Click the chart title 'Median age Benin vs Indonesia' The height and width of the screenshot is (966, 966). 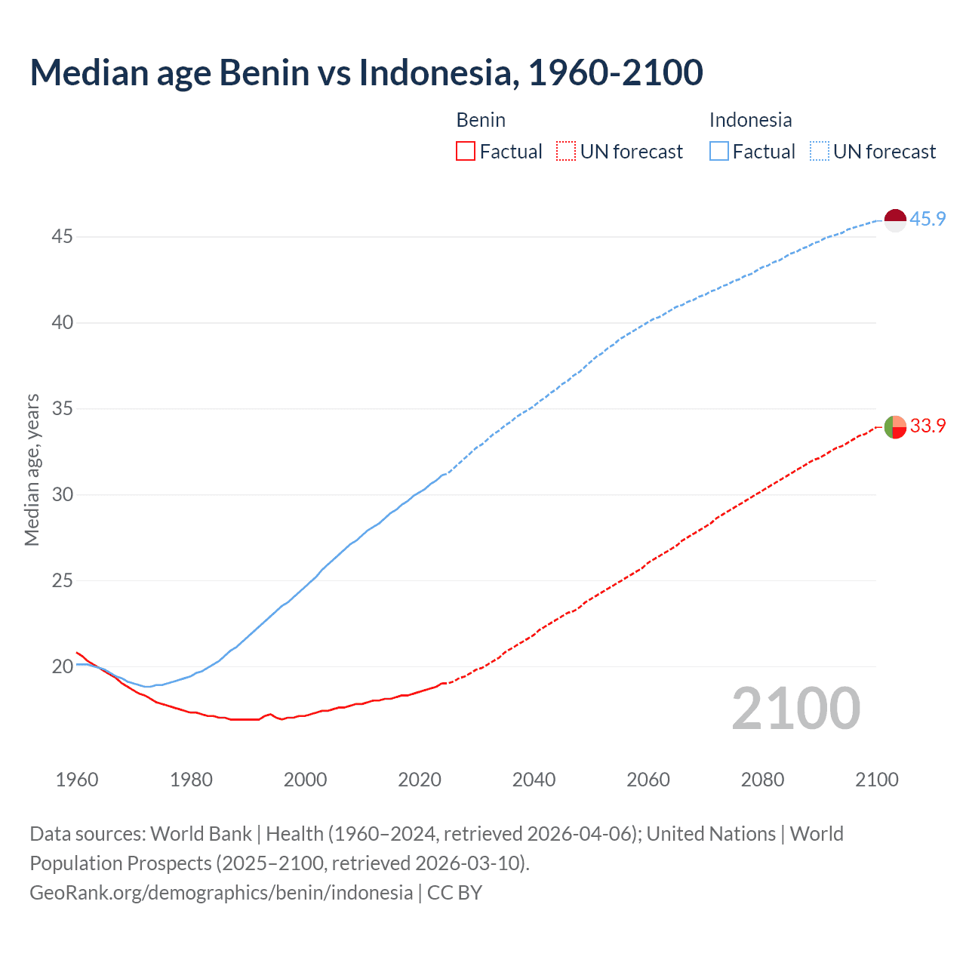coord(366,72)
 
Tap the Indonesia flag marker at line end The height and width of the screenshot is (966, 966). coord(894,220)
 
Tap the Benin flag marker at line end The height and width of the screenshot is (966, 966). coord(894,426)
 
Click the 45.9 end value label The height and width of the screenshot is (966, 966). coord(928,220)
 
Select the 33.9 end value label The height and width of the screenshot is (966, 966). coord(928,426)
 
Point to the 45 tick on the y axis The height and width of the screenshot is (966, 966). coord(62,237)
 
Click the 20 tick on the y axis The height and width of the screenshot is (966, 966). coord(62,667)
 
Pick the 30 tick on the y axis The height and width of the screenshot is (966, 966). coord(62,495)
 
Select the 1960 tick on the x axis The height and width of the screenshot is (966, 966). coord(77,780)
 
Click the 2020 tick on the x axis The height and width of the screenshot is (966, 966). coord(420,780)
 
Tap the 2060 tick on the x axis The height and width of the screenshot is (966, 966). coord(648,780)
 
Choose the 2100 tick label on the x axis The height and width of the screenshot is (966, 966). coord(877,780)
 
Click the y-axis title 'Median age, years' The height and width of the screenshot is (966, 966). coord(32,469)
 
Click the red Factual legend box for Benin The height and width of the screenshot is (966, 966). coord(466,152)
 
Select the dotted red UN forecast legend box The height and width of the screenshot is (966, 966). coord(566,152)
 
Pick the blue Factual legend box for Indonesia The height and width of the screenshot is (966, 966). coord(719,152)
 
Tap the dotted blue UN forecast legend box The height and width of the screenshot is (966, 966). coord(820,152)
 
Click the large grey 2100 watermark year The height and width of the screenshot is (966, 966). coord(795,709)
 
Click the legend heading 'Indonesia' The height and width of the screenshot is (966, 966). coord(750,120)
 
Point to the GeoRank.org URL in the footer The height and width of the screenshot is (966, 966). coord(221,893)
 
